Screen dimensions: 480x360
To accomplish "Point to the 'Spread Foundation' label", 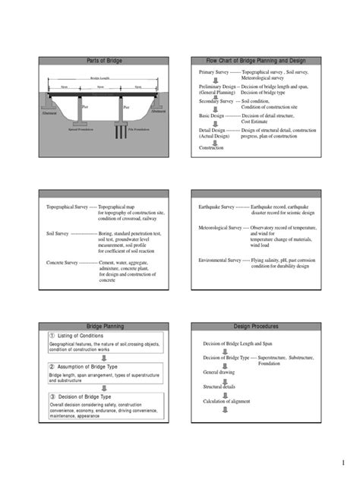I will coord(81,130).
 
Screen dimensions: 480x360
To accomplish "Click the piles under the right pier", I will coord(122,131).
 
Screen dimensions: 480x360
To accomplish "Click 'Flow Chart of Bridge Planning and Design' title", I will coord(251,60).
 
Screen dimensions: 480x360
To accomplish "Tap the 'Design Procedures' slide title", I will coord(251,326).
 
